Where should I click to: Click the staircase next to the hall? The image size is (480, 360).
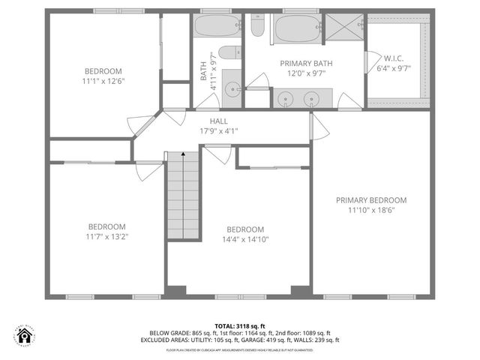(184, 195)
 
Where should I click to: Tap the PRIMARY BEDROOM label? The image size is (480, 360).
(371, 200)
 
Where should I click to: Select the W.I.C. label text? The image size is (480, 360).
(394, 58)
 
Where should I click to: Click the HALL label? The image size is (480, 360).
(218, 121)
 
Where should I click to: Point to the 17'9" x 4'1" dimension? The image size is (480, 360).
(218, 131)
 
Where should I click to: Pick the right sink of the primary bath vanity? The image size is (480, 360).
(311, 97)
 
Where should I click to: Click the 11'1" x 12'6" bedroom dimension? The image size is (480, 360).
(104, 82)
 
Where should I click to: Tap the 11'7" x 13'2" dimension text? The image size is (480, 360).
(107, 237)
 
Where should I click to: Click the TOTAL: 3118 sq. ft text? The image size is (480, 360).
(240, 325)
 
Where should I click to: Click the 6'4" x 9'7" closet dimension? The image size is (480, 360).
(394, 69)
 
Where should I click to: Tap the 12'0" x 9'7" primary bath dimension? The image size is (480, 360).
(307, 75)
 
